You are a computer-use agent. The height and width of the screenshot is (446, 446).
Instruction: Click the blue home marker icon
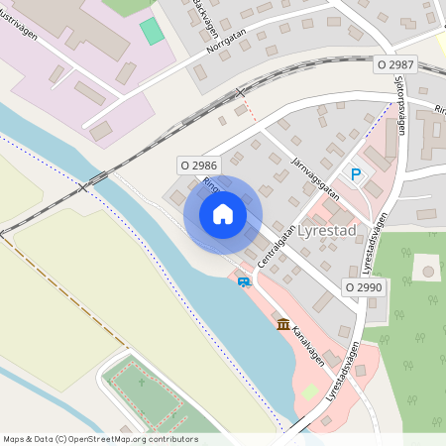click(223, 213)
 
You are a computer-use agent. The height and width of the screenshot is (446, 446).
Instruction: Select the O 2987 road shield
click(394, 64)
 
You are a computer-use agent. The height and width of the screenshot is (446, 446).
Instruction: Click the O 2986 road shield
click(198, 164)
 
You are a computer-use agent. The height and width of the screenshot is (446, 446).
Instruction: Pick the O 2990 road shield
click(363, 286)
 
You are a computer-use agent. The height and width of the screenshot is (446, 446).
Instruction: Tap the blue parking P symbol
click(357, 174)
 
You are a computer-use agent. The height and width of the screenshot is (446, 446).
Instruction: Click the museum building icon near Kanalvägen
click(283, 324)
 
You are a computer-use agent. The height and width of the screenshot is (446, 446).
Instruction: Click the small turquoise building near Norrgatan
click(152, 31)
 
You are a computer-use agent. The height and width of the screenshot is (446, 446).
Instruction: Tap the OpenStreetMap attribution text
click(100, 439)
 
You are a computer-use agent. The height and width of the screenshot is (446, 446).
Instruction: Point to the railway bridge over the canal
click(96, 179)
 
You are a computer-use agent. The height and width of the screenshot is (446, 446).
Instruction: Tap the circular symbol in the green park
click(427, 270)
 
